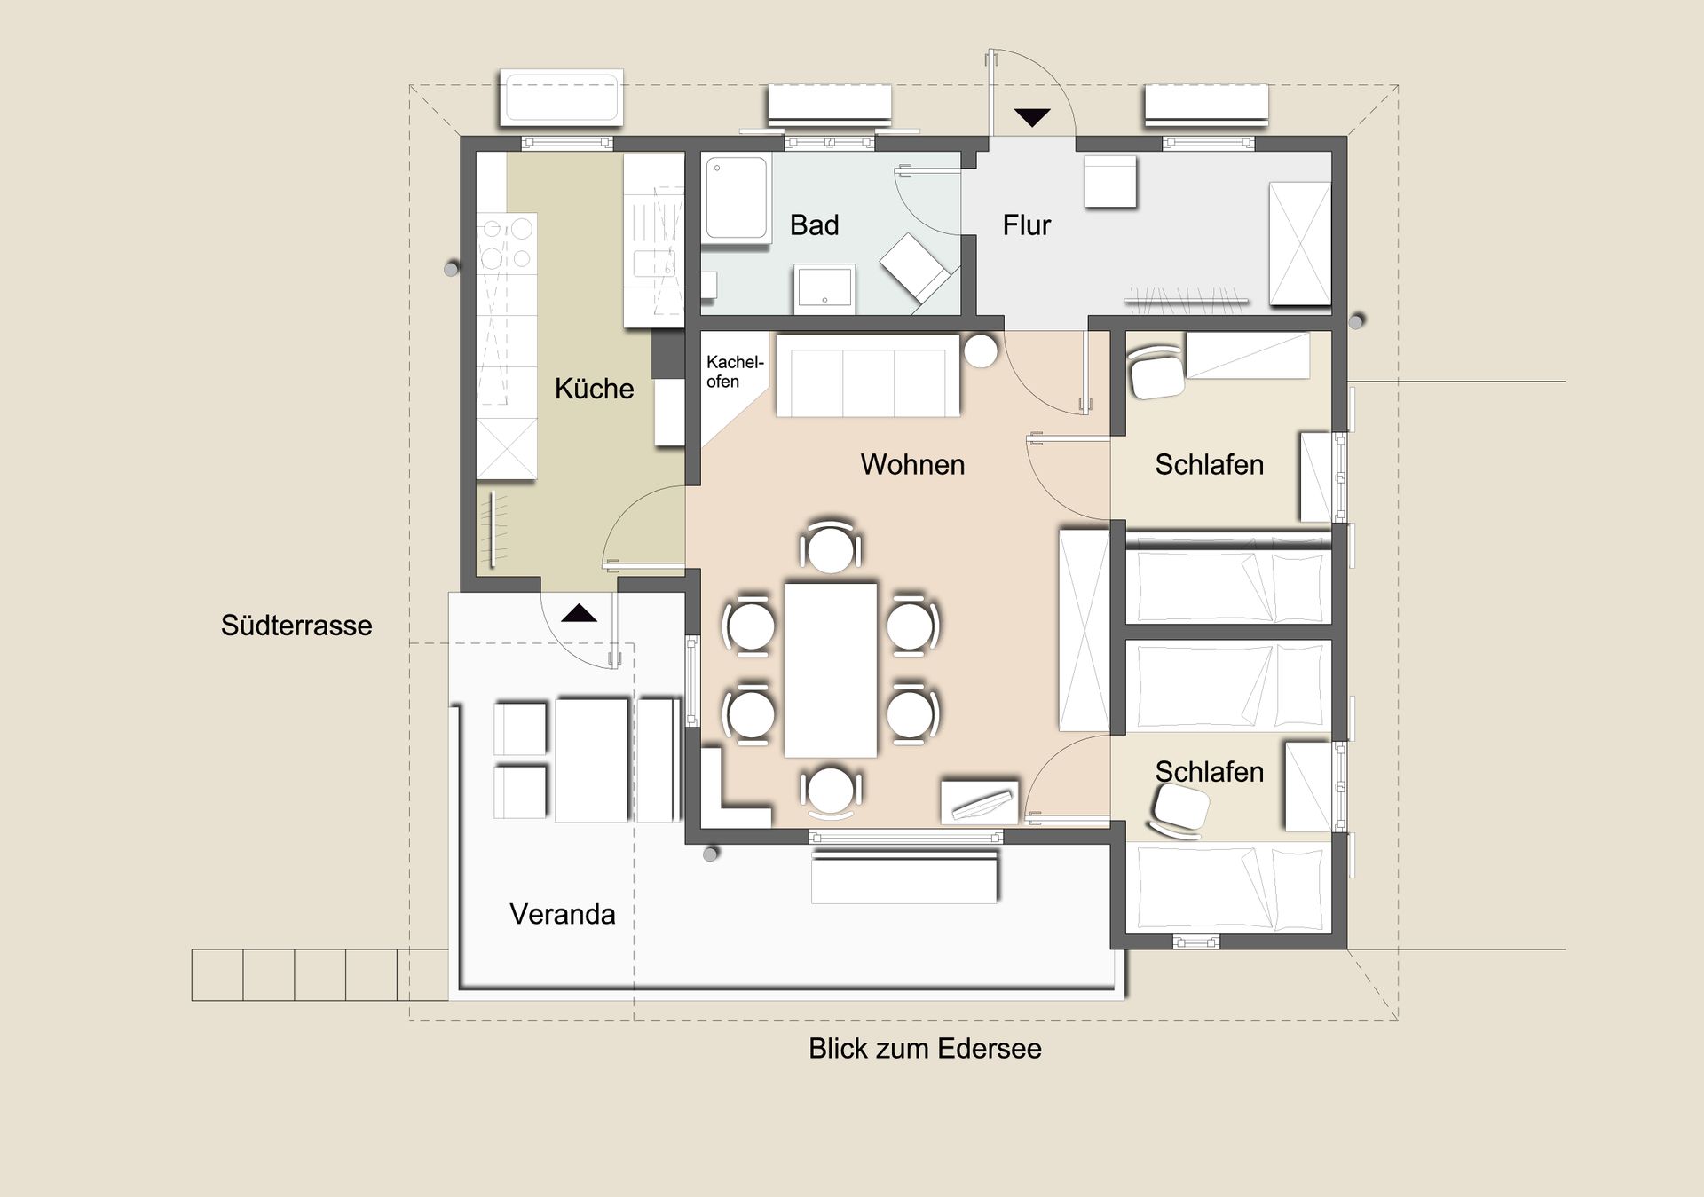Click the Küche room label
[594, 389]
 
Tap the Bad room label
[814, 225]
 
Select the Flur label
[1026, 225]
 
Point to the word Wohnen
[912, 464]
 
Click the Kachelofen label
[734, 372]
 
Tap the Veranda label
[562, 914]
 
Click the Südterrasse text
[296, 626]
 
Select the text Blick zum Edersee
[925, 1048]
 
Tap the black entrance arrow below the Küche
[579, 612]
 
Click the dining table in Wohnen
[831, 670]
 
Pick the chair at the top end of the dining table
[831, 547]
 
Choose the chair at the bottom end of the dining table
[831, 791]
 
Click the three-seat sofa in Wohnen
[868, 375]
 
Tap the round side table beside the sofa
[981, 350]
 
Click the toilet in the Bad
[916, 271]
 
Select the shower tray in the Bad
[737, 199]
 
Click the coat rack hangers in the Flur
[1187, 300]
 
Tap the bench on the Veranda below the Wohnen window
[904, 877]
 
